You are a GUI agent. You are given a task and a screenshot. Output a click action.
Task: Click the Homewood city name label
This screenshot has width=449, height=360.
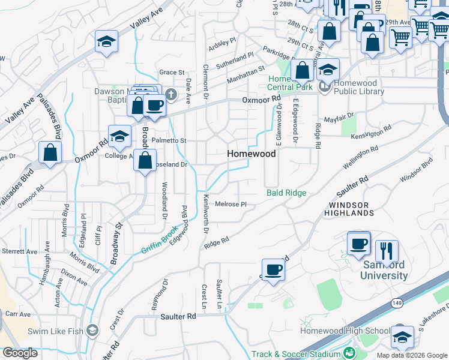pos(252,154)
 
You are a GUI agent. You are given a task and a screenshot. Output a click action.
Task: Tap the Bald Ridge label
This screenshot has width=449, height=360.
pos(286,193)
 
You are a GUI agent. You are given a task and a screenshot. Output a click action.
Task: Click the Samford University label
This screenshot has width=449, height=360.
pos(384,271)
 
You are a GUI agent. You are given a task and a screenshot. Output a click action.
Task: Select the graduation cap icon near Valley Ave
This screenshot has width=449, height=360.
pos(106,41)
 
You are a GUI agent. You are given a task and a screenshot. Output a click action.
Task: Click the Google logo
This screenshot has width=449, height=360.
pos(20,353)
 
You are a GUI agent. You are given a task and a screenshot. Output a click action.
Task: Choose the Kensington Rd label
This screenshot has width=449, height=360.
pos(372,131)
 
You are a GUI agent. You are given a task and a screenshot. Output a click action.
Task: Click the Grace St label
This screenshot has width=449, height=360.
pos(172,73)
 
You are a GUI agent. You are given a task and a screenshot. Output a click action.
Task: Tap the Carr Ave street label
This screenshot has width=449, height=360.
pos(18,314)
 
